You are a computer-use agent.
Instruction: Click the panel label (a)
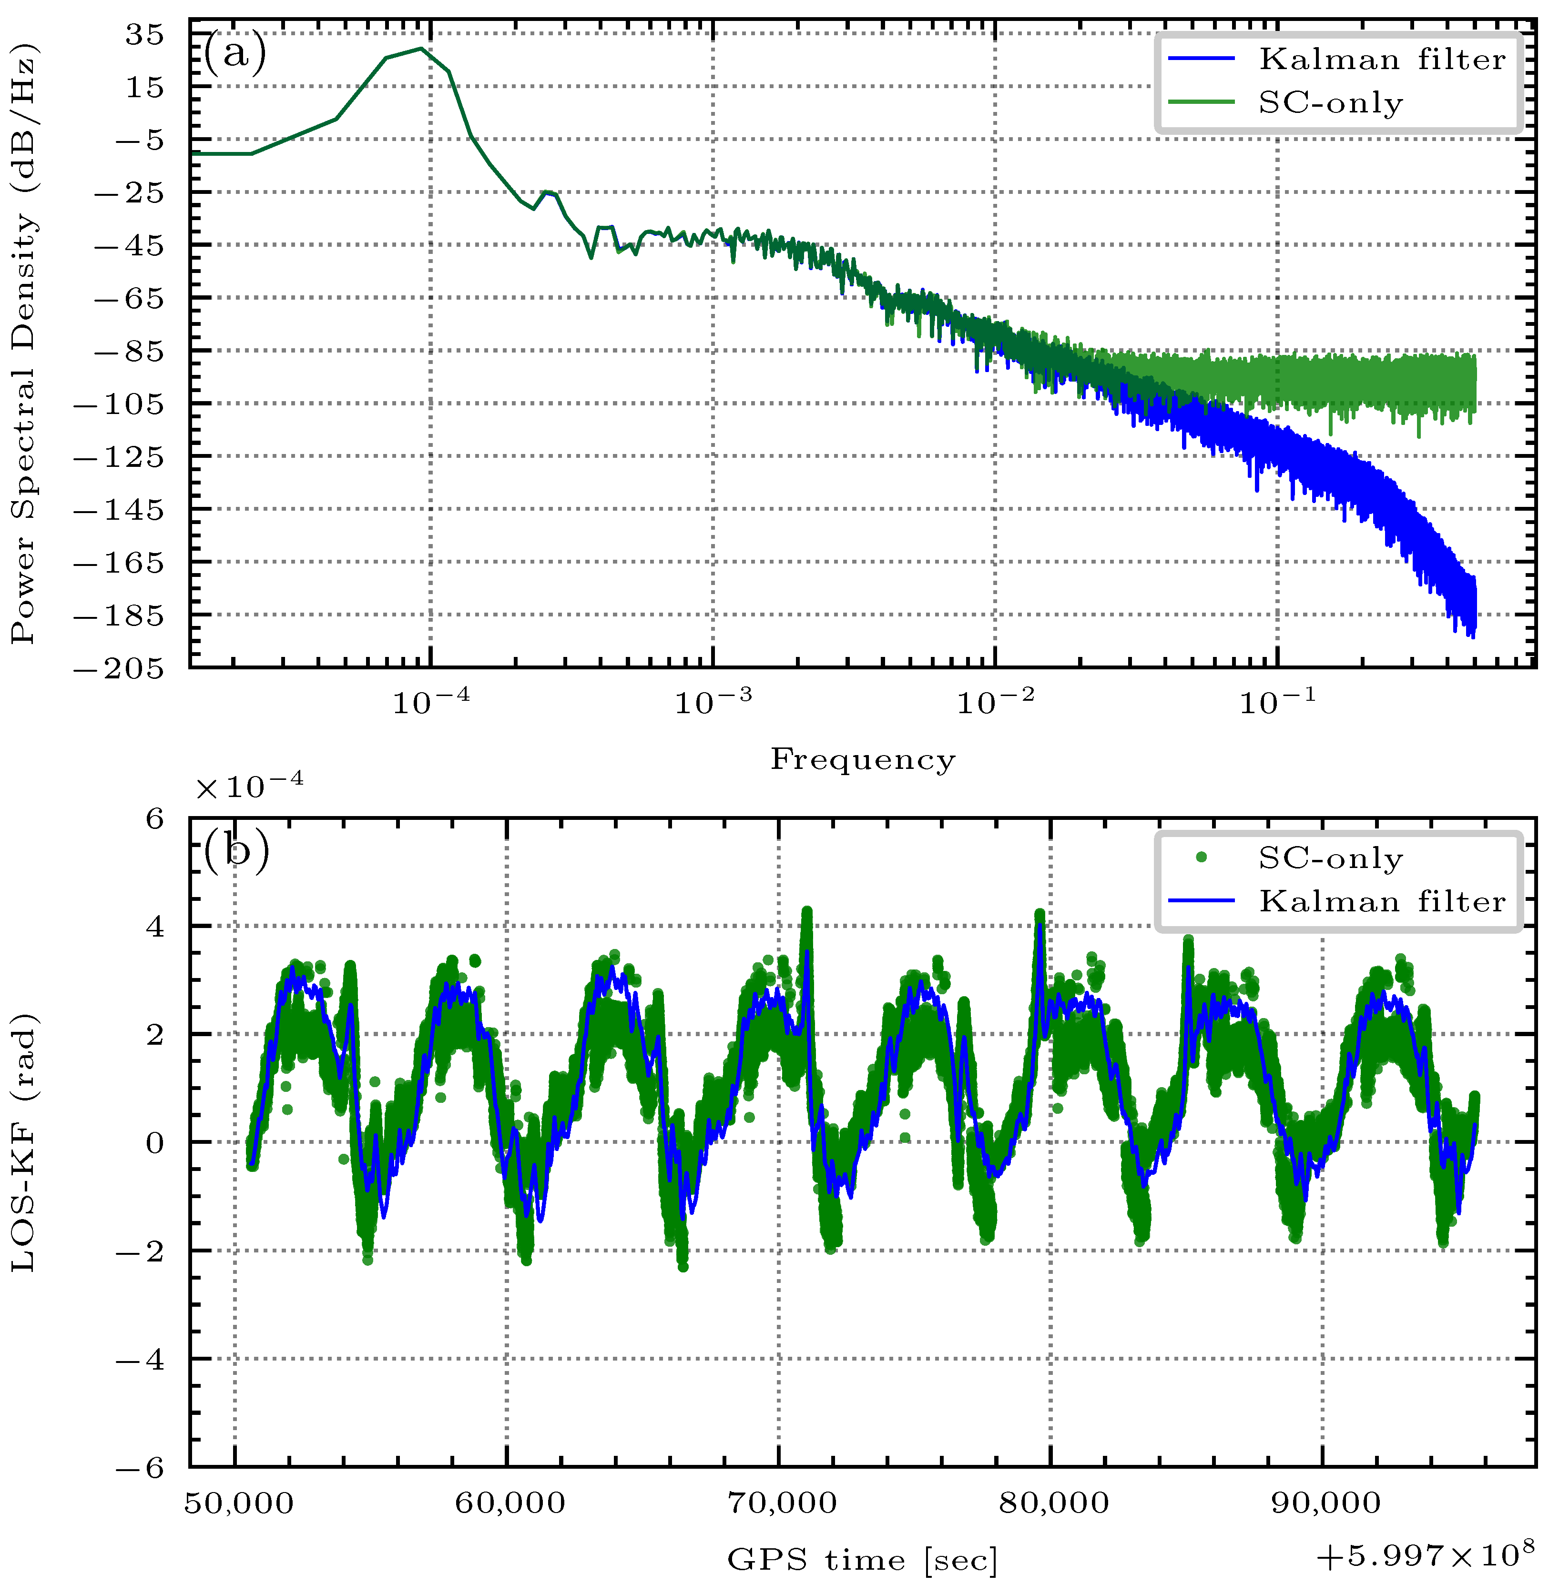click(234, 54)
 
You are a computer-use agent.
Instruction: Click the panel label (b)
click(236, 852)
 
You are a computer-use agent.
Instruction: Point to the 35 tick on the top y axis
click(144, 35)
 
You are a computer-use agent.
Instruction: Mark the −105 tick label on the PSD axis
click(118, 404)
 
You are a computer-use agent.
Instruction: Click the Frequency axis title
click(862, 759)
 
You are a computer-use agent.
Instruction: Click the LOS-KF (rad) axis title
click(24, 1142)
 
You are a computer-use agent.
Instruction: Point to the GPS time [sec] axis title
click(862, 1560)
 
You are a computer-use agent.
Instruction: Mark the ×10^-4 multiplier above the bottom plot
click(249, 786)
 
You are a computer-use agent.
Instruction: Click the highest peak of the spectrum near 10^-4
click(420, 48)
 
